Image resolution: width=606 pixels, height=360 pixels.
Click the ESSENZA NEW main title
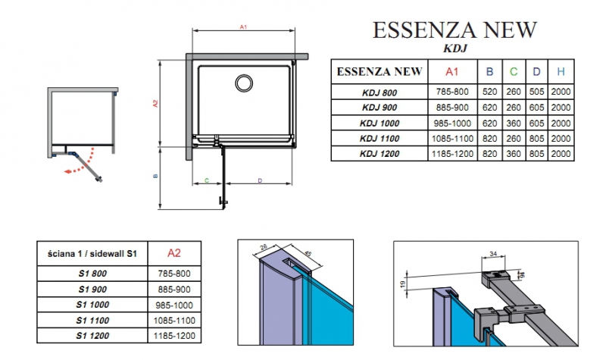coord(454,30)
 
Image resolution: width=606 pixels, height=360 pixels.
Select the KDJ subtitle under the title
coord(455,49)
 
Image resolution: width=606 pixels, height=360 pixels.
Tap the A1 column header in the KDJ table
coord(451,71)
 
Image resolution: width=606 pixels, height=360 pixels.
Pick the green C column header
coord(514,71)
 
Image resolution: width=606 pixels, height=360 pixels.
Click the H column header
coord(561,71)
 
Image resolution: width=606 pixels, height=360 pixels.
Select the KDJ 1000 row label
coord(380,124)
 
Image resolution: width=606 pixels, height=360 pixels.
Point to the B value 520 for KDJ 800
coord(489,92)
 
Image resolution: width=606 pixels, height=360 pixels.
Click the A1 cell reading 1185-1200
coord(452,154)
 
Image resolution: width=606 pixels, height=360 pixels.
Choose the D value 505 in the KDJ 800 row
coord(536,92)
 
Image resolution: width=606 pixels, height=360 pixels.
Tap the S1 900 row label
coord(92,290)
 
